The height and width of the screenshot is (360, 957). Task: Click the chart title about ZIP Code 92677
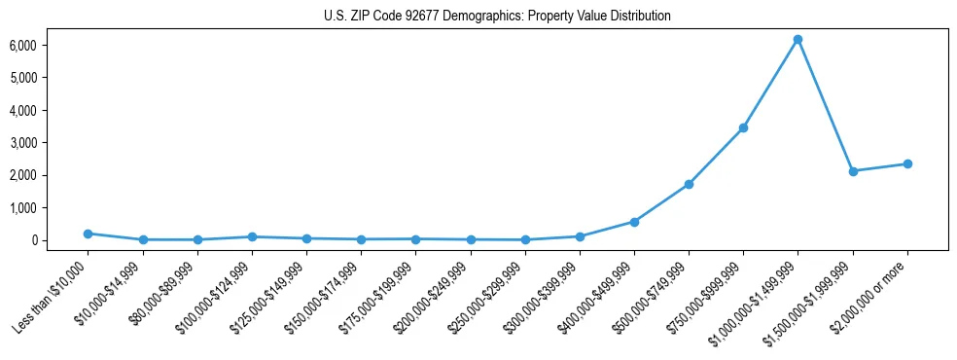[x=497, y=17]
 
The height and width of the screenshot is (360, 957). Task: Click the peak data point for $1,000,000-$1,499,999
[x=797, y=40]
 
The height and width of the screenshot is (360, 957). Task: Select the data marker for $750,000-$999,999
[x=743, y=127]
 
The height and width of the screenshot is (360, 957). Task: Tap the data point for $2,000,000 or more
[x=907, y=163]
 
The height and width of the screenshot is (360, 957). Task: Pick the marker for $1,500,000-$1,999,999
[x=853, y=171]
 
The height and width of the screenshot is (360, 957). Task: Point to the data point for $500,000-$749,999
[x=689, y=184]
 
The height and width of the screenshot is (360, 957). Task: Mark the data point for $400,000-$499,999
[x=634, y=222]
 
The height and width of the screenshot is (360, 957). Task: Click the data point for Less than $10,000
[x=88, y=234]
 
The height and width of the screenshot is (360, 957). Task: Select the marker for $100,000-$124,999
[x=252, y=236]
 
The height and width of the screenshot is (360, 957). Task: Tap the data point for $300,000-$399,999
[x=580, y=236]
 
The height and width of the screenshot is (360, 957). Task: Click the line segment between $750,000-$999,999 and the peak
[x=770, y=84]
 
